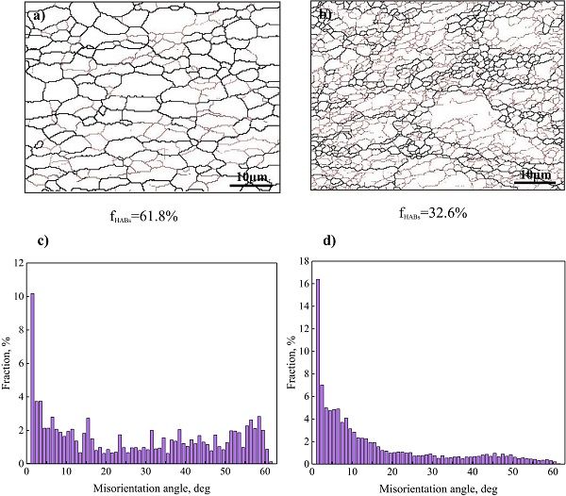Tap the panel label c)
(x=42, y=239)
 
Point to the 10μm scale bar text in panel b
(x=535, y=174)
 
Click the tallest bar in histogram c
(x=33, y=377)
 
